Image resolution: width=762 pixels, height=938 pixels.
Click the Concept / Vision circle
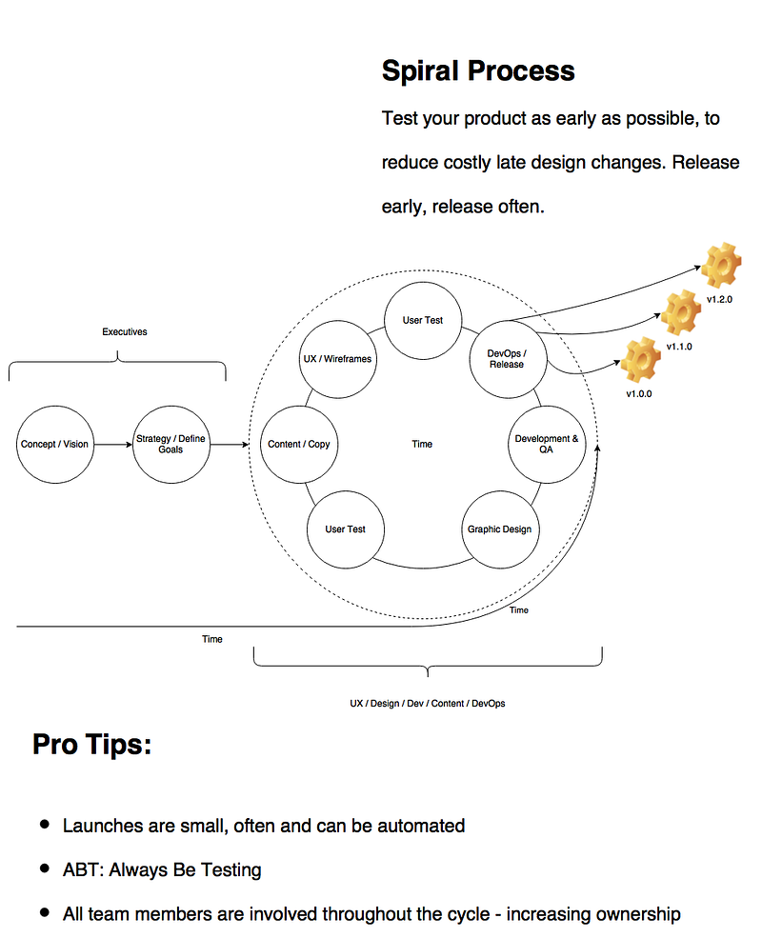click(55, 445)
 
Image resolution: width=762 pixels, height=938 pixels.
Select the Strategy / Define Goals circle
click(171, 445)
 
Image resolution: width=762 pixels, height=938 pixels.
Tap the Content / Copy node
click(299, 445)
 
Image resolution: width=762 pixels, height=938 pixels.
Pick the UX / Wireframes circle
click(338, 359)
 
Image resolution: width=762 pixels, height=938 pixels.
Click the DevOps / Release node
click(508, 359)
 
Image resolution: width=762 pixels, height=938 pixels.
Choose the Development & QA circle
click(547, 445)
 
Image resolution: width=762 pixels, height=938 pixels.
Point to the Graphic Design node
click(500, 529)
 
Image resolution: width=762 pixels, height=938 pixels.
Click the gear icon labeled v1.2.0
click(721, 266)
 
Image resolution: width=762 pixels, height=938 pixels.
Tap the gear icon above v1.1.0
click(681, 312)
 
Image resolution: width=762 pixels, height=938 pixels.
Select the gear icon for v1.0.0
click(641, 360)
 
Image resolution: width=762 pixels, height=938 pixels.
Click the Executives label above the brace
click(125, 332)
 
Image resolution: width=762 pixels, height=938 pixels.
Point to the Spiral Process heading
click(478, 70)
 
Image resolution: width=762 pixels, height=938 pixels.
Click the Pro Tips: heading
click(92, 745)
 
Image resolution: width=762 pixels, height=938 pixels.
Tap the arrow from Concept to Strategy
click(113, 445)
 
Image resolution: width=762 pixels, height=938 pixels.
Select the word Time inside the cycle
click(422, 444)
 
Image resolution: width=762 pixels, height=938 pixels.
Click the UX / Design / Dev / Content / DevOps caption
click(428, 704)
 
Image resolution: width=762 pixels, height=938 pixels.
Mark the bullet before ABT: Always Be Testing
click(44, 868)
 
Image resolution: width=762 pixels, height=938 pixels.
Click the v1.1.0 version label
click(679, 347)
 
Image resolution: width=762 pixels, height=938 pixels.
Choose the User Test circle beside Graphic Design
click(346, 529)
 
